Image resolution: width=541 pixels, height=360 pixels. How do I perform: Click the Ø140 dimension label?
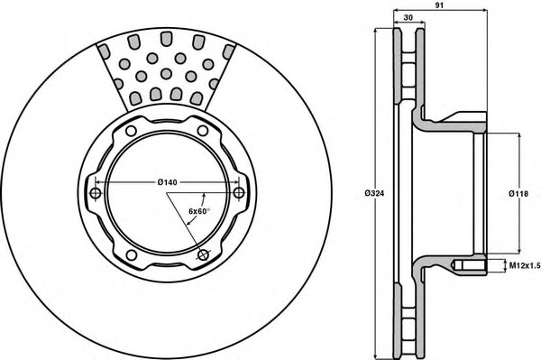tap(167, 182)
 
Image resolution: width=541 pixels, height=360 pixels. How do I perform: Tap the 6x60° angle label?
tap(199, 211)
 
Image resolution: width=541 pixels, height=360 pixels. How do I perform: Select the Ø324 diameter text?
tap(374, 193)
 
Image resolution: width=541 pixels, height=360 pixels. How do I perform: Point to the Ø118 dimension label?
tap(518, 194)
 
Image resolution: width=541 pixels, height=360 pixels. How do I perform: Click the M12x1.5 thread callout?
tap(525, 265)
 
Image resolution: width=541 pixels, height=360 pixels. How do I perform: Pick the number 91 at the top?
tap(439, 5)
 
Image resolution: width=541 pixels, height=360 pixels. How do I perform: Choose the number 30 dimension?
tap(408, 18)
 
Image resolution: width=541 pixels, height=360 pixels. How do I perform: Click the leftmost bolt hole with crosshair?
tap(96, 193)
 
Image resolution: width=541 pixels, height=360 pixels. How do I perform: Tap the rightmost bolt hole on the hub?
tap(239, 192)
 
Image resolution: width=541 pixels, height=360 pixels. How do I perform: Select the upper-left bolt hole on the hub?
tap(131, 131)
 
